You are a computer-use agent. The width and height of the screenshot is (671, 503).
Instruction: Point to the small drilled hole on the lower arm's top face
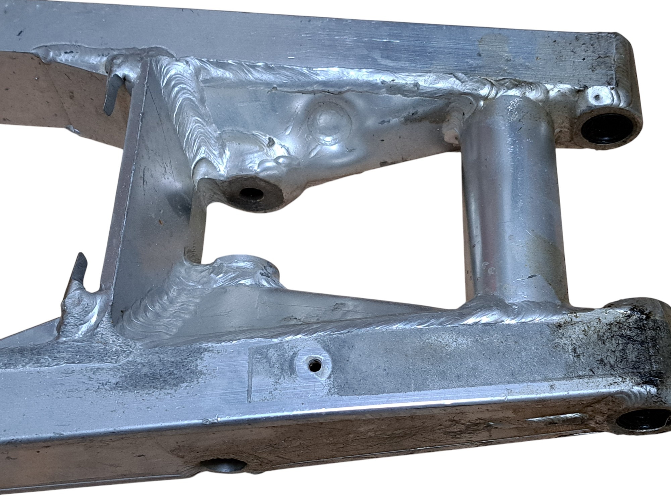point(314,365)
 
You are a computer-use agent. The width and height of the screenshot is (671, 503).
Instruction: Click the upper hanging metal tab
point(113,94)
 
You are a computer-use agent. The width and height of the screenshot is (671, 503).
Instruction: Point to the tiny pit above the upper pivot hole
point(596,98)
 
